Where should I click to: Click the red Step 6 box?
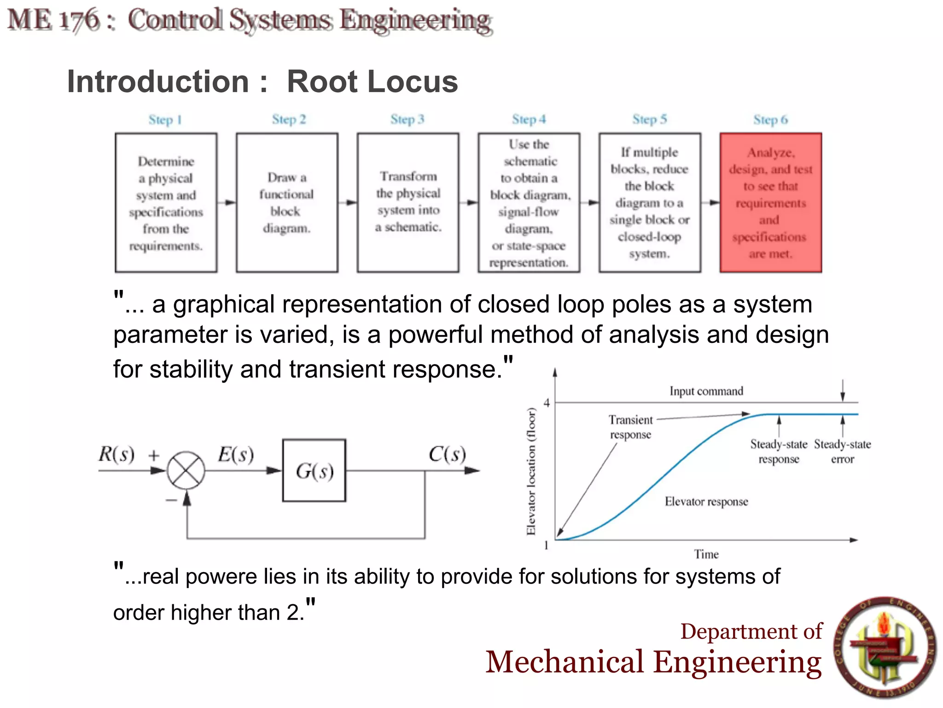(770, 203)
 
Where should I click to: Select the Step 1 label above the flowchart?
(165, 120)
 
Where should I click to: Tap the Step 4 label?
(529, 119)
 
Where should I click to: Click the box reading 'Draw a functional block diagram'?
(287, 203)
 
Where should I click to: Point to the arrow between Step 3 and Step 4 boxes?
(468, 202)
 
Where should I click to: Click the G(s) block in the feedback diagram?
(314, 471)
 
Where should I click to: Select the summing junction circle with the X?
(186, 471)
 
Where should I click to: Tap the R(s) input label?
(116, 454)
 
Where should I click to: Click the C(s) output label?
(447, 454)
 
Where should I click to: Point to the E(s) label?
(236, 454)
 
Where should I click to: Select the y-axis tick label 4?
(547, 403)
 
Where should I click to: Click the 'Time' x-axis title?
(706, 554)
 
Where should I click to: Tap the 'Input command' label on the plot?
(706, 391)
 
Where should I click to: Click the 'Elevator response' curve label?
(706, 501)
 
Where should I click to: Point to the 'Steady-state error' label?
(842, 452)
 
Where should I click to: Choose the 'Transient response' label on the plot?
(630, 427)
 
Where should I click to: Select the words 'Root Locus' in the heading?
(372, 82)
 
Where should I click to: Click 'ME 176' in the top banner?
(53, 20)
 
